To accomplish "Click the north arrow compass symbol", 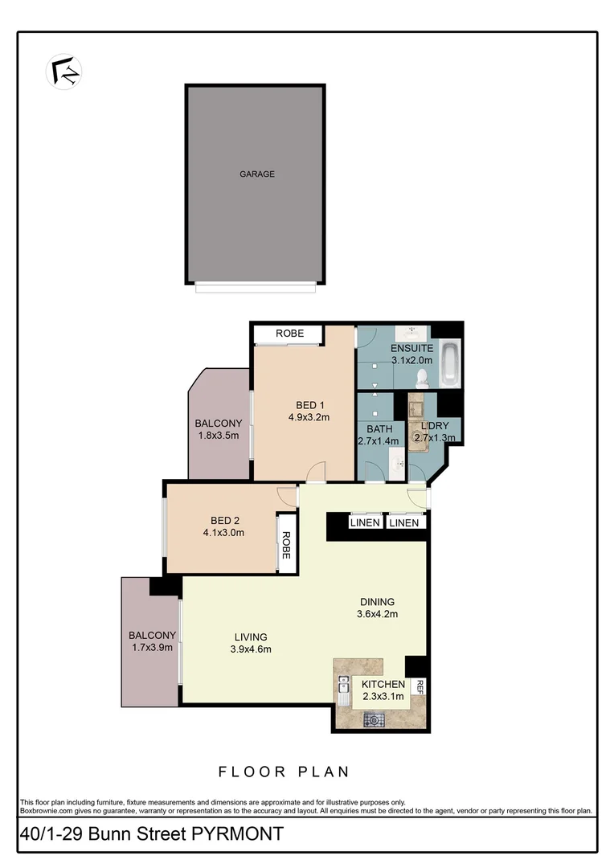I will pos(63,70).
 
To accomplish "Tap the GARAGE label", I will pos(256,174).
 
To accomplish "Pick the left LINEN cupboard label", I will pos(365,523).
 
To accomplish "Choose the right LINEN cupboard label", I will pos(403,523).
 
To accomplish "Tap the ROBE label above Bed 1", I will pos(289,333).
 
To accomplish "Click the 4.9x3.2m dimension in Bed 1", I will pos(309,417).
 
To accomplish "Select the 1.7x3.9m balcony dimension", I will pos(151,647).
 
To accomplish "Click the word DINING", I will pos(377,602).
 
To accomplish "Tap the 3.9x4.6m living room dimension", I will pos(252,649).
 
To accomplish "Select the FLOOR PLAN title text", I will pos(284,772).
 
